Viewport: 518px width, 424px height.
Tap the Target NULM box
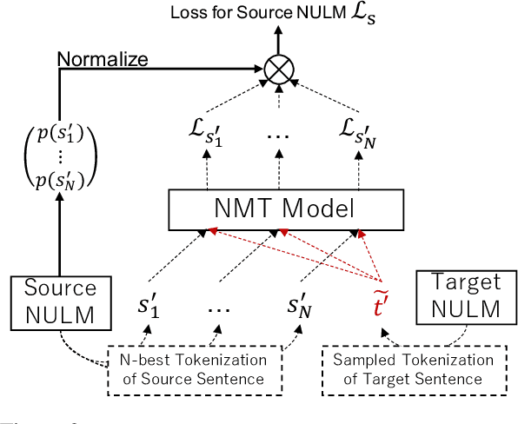tap(460, 296)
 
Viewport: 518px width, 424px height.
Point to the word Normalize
tap(103, 59)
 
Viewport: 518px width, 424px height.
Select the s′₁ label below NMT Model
tap(149, 306)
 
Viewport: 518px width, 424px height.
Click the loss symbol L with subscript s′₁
tap(206, 131)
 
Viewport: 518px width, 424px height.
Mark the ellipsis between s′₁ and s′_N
tap(225, 308)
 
